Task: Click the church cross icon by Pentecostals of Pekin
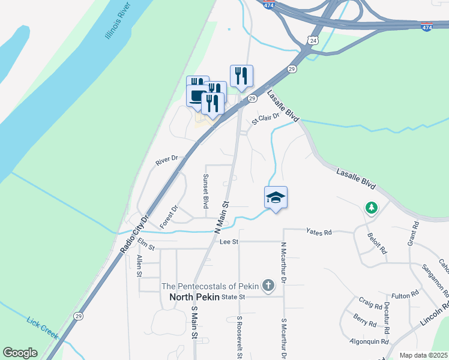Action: (x=269, y=286)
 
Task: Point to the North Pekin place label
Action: (x=194, y=297)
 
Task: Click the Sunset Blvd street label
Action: (x=205, y=191)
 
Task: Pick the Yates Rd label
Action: (x=318, y=231)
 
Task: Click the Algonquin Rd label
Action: (x=369, y=341)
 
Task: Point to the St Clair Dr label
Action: (x=266, y=118)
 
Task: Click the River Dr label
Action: (x=166, y=160)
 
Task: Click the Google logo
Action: (x=20, y=353)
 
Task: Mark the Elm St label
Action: (x=146, y=244)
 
